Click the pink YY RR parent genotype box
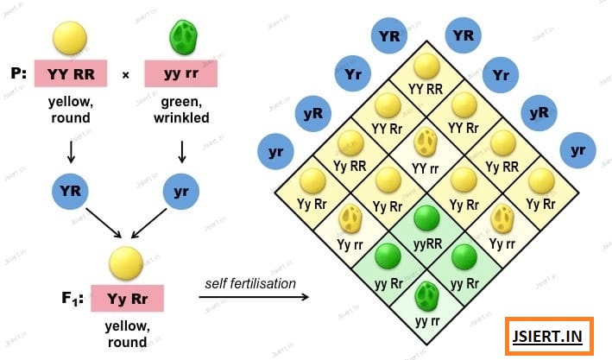[71, 73]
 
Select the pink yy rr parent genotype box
[181, 73]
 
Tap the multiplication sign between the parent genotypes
[126, 75]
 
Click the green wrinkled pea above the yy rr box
[184, 37]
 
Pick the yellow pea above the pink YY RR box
[70, 38]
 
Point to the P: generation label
[19, 73]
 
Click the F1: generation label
[73, 299]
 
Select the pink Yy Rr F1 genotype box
[127, 299]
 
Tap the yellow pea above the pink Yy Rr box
[126, 263]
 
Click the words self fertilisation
[250, 283]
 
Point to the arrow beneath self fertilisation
[254, 297]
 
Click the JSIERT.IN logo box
[549, 336]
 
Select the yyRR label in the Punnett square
[427, 244]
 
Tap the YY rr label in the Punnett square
[426, 168]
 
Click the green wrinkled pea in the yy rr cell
[426, 296]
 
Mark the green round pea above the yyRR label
[426, 218]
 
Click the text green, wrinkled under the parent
[181, 110]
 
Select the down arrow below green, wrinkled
[182, 152]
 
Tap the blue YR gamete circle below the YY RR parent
[70, 192]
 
